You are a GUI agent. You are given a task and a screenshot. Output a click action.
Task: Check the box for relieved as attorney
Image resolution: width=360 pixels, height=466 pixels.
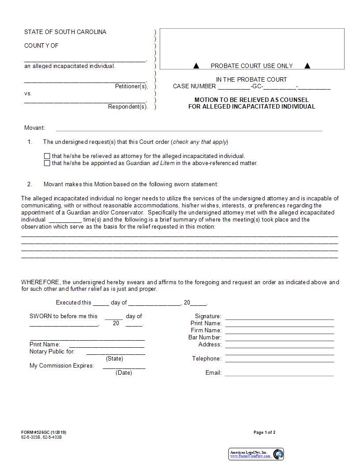47,156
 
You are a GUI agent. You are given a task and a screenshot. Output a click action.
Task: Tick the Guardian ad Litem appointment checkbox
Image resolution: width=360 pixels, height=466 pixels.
47,163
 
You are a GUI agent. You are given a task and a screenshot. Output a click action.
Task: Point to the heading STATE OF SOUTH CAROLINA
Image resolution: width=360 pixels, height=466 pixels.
65,32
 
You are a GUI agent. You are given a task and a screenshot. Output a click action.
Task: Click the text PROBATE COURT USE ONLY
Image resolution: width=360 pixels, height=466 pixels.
251,66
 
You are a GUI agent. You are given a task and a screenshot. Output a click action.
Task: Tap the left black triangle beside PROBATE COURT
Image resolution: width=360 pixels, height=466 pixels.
196,66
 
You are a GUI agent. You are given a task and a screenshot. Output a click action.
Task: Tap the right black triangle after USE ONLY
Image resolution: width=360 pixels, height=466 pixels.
307,66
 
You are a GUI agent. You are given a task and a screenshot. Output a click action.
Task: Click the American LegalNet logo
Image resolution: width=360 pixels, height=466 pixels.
256,454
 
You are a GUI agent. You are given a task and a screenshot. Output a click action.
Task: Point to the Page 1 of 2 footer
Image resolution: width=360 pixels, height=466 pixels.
264,432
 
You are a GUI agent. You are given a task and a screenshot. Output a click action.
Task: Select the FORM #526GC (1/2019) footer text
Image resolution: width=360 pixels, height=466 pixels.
44,432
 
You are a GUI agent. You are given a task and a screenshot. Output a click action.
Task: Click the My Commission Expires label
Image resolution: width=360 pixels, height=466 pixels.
62,365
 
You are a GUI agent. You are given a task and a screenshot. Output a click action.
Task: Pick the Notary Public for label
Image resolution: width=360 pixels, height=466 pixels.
52,352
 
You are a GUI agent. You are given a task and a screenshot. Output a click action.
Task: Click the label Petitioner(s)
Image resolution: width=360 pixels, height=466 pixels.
131,86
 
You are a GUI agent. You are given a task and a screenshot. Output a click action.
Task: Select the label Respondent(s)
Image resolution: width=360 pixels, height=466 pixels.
127,107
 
